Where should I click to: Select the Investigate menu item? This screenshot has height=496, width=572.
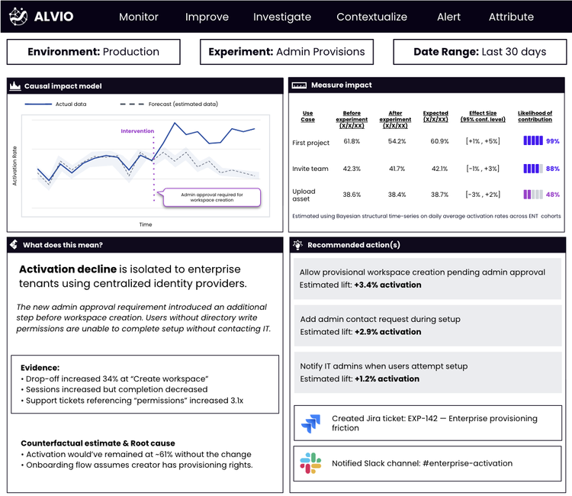tap(282, 17)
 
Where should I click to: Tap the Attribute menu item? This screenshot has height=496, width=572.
tap(511, 17)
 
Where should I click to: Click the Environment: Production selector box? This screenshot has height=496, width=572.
tap(94, 52)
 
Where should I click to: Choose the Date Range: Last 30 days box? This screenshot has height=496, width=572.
tap(480, 52)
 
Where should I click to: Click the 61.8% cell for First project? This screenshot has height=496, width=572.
tap(352, 141)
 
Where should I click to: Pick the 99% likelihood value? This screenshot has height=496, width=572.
tap(553, 141)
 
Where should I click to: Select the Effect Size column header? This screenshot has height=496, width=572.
tap(482, 116)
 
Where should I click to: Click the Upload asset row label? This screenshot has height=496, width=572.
tap(304, 195)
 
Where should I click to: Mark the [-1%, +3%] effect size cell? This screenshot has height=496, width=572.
tap(482, 169)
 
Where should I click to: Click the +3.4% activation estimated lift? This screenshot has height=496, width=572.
tap(387, 285)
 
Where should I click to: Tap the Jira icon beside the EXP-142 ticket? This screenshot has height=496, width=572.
tap(311, 423)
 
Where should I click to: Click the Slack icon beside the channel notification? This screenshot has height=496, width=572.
tap(311, 463)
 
